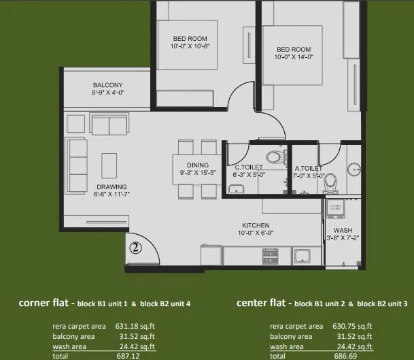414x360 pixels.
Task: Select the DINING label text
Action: tap(198, 165)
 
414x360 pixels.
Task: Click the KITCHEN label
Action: tap(256, 225)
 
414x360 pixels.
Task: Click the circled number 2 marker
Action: tap(136, 248)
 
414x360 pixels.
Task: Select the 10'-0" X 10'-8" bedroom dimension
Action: tap(186, 47)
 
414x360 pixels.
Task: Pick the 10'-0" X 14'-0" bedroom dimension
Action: tap(294, 58)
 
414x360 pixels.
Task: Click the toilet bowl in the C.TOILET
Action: tap(273, 157)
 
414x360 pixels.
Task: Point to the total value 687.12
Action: tap(123, 355)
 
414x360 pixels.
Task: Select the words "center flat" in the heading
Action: tap(261, 303)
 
